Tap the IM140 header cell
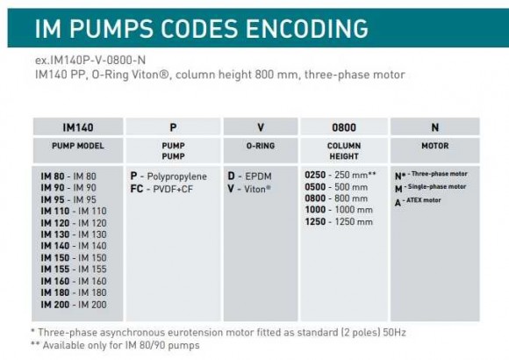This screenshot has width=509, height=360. point(78,127)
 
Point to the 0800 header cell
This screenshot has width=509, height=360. point(344,127)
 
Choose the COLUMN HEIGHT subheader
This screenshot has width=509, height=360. point(344,149)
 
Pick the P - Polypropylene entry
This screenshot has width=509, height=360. point(168,176)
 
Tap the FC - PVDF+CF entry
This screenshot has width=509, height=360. point(162,187)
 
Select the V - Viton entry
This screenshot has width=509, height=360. point(250,187)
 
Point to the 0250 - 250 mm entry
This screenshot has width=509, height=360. point(343,176)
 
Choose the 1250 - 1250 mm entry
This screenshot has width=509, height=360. point(339,221)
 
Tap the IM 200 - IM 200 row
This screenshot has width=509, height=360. point(74,303)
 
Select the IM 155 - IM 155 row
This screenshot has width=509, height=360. point(74,269)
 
